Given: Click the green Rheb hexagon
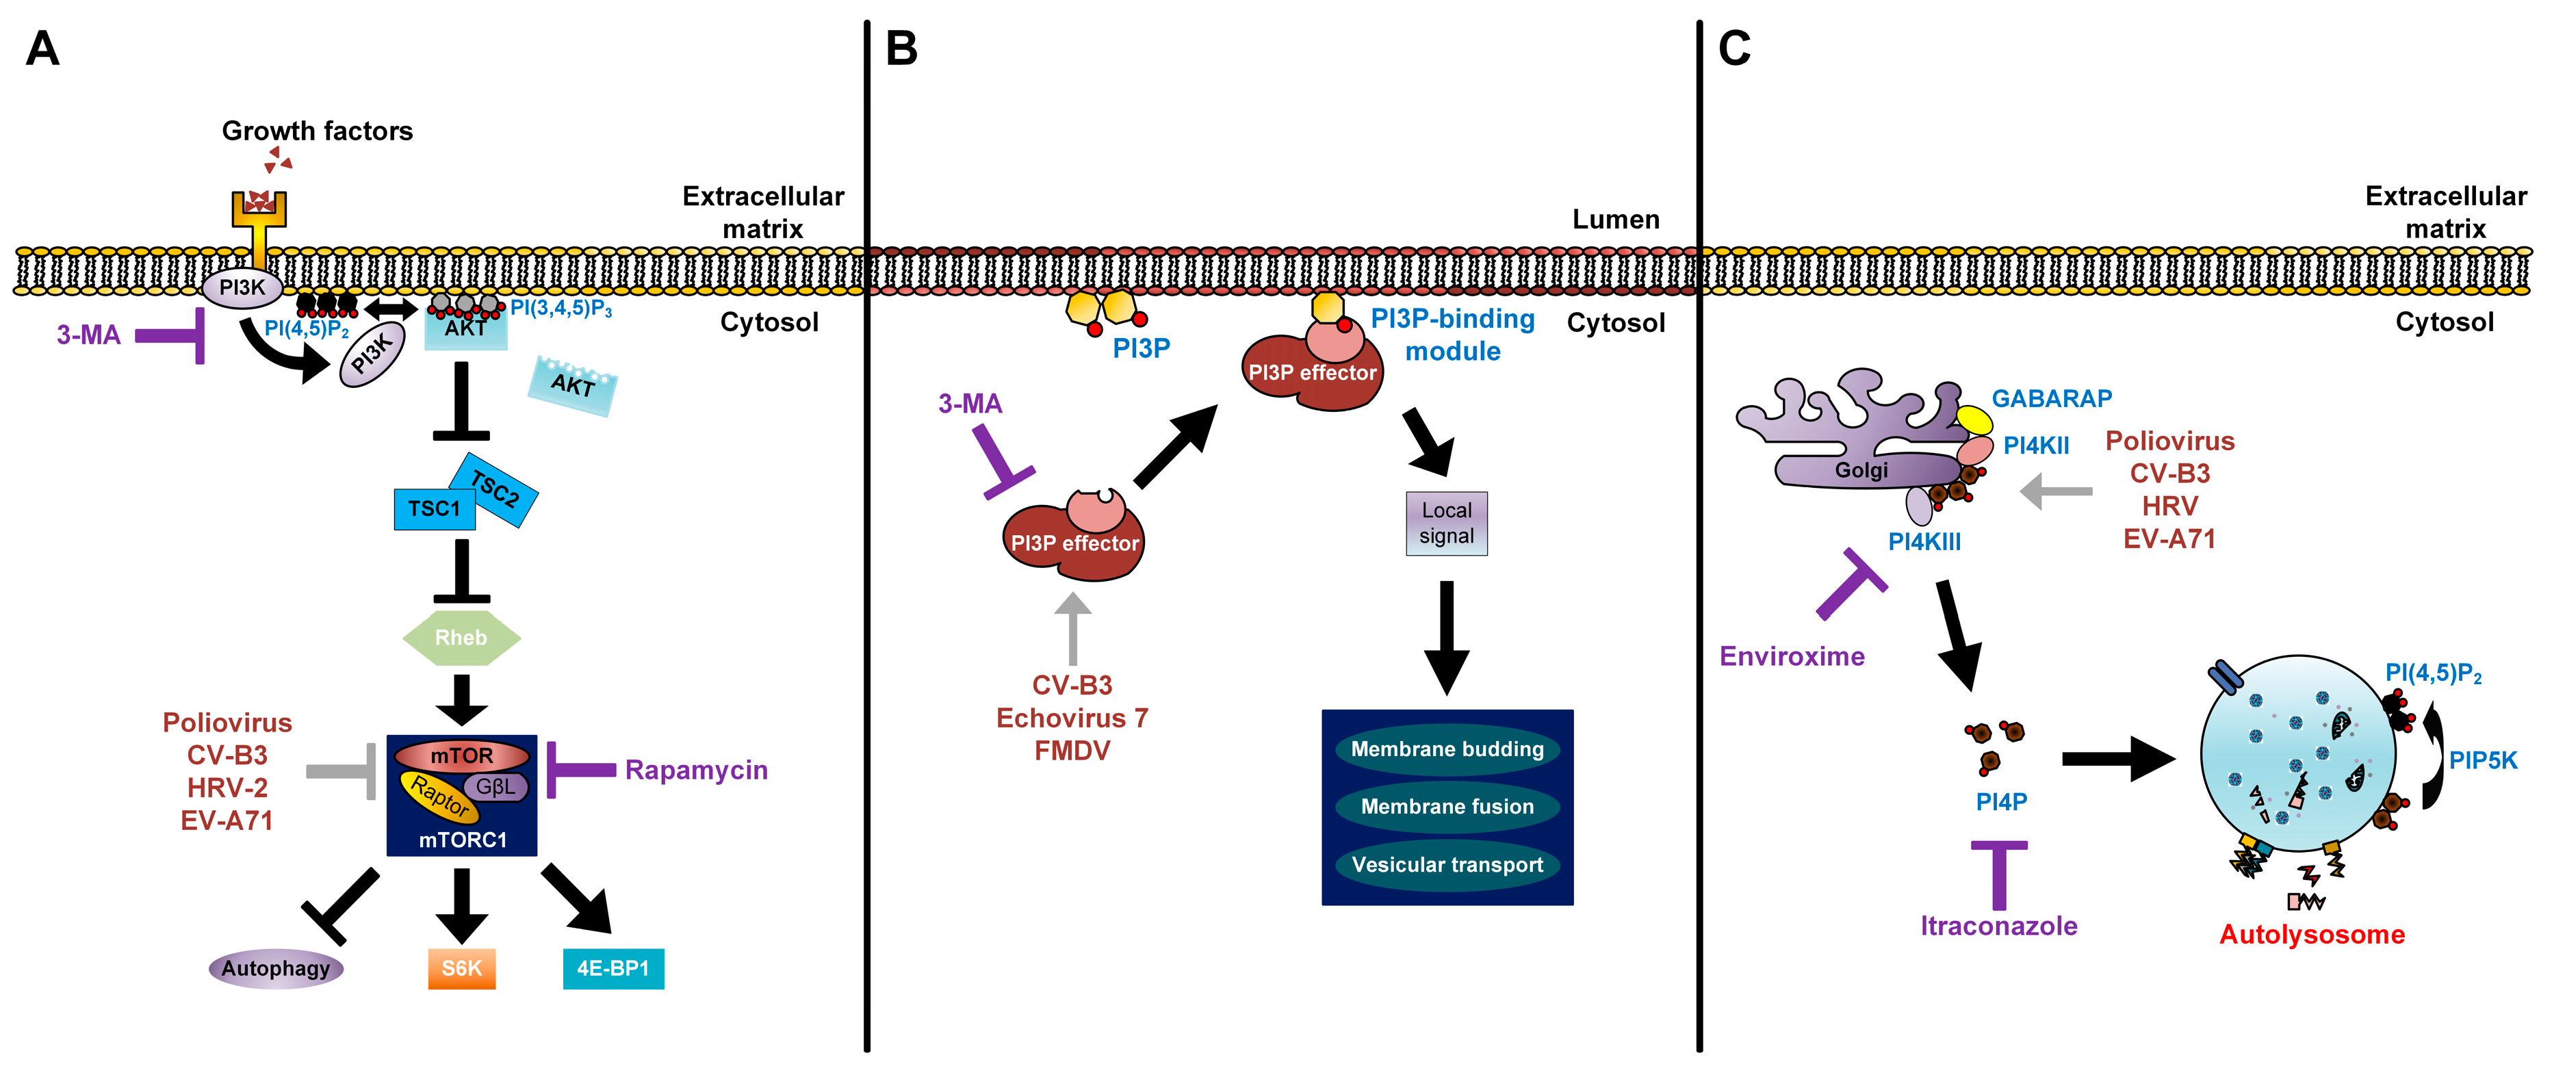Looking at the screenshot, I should [462, 638].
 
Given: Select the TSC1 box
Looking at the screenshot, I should [434, 509].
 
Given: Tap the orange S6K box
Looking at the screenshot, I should [462, 968].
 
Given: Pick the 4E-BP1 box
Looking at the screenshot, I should [613, 968].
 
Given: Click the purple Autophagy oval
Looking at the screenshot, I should [275, 968].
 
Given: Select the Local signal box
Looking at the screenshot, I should [1446, 523].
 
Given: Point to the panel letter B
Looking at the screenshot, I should [901, 49].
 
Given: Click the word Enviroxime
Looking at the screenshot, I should [1792, 656].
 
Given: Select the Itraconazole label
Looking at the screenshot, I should [1998, 925].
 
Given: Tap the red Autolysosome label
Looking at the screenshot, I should [2311, 934].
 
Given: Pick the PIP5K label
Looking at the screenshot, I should [2483, 761].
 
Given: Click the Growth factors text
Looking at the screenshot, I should [317, 131].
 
